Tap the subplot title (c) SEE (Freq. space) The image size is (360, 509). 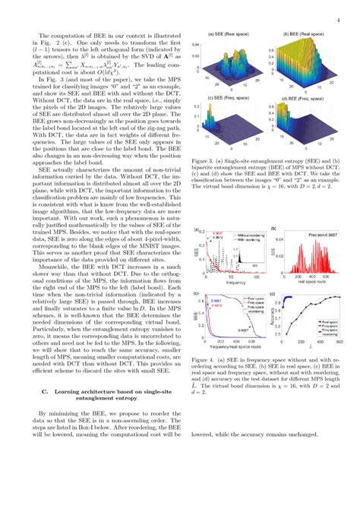(231, 99)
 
